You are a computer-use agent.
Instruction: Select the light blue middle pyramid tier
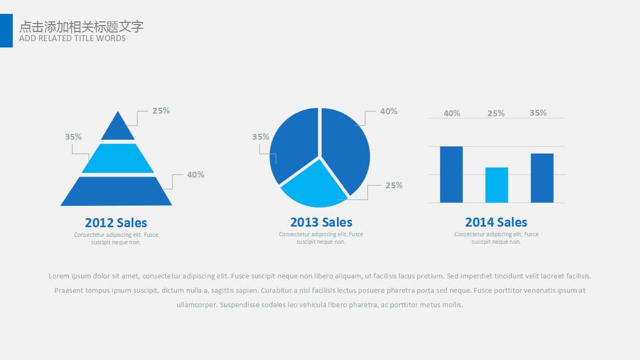118,158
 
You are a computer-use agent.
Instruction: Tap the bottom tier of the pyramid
116,191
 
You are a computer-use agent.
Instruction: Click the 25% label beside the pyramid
161,111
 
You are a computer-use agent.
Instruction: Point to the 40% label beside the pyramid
195,175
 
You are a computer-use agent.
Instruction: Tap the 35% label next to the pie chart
261,137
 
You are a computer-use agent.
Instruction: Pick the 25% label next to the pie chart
394,186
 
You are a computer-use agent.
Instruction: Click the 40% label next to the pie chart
389,111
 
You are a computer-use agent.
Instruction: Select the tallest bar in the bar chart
451,174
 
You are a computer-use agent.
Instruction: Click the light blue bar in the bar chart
497,185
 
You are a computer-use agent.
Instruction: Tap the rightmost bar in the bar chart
542,178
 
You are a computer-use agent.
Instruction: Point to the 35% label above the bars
538,113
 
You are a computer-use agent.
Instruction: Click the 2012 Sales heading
116,223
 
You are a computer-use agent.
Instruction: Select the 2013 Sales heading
321,222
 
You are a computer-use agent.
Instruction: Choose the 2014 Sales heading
496,222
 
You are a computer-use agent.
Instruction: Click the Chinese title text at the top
82,27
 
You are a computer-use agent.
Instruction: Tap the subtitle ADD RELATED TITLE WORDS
73,38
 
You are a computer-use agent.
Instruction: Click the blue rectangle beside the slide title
6,30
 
